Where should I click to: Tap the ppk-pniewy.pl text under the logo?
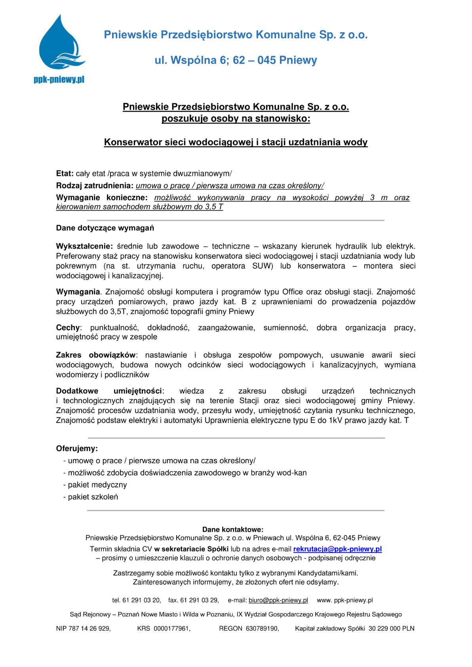[59, 80]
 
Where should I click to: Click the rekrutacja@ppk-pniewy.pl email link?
[337, 549]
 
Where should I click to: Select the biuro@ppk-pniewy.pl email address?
[278, 600]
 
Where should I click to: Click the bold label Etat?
[65, 173]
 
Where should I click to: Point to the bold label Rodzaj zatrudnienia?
[95, 186]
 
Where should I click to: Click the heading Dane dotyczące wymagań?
[105, 228]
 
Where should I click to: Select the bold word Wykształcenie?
[84, 246]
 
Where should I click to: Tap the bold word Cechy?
[68, 328]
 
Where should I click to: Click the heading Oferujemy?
[77, 448]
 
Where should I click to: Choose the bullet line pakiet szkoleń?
[93, 497]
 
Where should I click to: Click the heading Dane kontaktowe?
[233, 529]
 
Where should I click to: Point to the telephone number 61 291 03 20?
[141, 600]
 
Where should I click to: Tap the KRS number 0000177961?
[172, 628]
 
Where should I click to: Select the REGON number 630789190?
[262, 628]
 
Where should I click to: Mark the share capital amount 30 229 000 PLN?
[391, 628]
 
